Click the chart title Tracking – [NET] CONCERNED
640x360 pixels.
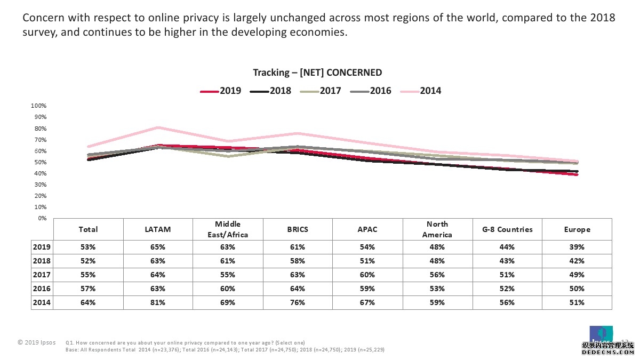pyautogui.click(x=317, y=73)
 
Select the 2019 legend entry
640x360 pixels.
pyautogui.click(x=221, y=91)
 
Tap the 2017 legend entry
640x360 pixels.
pyautogui.click(x=321, y=91)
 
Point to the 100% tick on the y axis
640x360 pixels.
pyautogui.click(x=39, y=106)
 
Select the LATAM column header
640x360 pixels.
pyautogui.click(x=157, y=229)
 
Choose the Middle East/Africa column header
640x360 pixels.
pyautogui.click(x=227, y=229)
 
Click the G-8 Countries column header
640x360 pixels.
pyautogui.click(x=507, y=229)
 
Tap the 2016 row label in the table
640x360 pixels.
pyautogui.click(x=41, y=289)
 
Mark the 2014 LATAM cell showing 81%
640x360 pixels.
pyautogui.click(x=157, y=302)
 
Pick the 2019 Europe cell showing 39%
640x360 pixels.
pyautogui.click(x=577, y=247)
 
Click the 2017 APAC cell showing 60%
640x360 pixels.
pyautogui.click(x=367, y=275)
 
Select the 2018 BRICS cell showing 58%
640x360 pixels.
pyautogui.click(x=297, y=261)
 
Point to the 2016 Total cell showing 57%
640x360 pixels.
pyautogui.click(x=88, y=289)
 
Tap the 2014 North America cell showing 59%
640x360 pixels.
pyautogui.click(x=437, y=302)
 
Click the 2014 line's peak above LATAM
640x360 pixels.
pyautogui.click(x=158, y=127)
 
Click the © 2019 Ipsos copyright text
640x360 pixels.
pyautogui.click(x=36, y=342)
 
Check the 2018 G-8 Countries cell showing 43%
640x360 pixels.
pyautogui.click(x=507, y=261)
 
